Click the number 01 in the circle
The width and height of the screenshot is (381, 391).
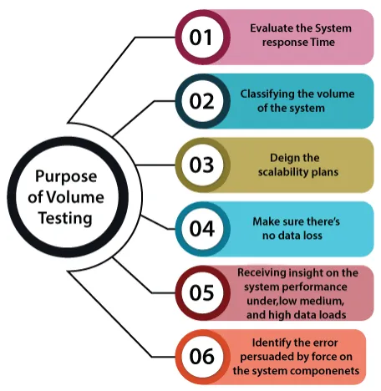201,38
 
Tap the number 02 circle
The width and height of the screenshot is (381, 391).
202,101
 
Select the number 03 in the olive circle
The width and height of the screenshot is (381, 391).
202,165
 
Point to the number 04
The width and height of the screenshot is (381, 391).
202,229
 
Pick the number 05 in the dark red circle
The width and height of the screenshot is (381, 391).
202,292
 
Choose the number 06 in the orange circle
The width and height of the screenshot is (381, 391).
202,357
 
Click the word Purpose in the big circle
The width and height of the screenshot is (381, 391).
66,177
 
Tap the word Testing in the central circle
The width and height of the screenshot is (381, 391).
65,218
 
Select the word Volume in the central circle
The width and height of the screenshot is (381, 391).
74,197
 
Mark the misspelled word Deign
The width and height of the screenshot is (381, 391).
282,159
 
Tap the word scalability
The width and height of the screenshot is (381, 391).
283,172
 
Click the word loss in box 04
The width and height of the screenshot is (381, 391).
312,236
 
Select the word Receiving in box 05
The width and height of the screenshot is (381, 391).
262,273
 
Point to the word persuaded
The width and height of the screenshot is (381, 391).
265,358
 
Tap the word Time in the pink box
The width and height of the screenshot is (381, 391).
323,43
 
